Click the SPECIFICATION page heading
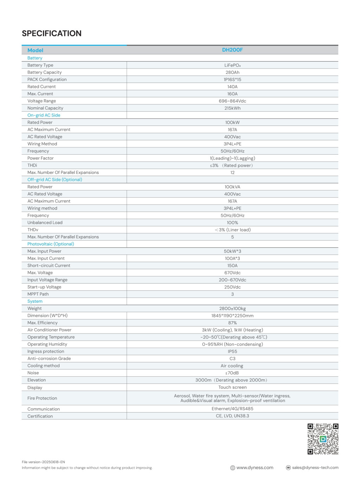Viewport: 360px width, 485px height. pyautogui.click(x=52, y=33)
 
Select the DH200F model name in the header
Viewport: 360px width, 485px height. pyautogui.click(x=232, y=50)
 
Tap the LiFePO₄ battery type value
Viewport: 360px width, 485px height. pyautogui.click(x=232, y=65)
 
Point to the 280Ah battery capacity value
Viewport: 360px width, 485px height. pyautogui.click(x=232, y=72)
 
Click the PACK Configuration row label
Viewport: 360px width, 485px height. pyautogui.click(x=47, y=79)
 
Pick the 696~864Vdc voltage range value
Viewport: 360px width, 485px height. pyautogui.click(x=232, y=101)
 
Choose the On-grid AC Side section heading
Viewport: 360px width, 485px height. pyautogui.click(x=44, y=115)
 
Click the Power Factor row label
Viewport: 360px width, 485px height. pyautogui.click(x=40, y=158)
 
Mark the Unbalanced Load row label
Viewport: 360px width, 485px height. pyautogui.click(x=45, y=222)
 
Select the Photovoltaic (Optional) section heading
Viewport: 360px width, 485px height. pyautogui.click(x=51, y=244)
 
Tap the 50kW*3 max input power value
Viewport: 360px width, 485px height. pyautogui.click(x=232, y=251)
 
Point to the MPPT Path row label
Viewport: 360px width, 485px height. pyautogui.click(x=38, y=294)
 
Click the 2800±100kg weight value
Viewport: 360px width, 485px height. pyautogui.click(x=232, y=309)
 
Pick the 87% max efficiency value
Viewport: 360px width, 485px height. pyautogui.click(x=232, y=323)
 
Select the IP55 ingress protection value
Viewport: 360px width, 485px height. pyautogui.click(x=232, y=351)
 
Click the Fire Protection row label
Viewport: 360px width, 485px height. pyautogui.click(x=42, y=398)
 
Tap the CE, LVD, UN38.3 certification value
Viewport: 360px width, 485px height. pyautogui.click(x=232, y=416)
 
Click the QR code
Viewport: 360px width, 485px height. pyautogui.click(x=323, y=439)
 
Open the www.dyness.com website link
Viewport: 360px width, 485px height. pyautogui.click(x=255, y=468)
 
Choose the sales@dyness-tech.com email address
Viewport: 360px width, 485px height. pyautogui.click(x=315, y=468)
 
